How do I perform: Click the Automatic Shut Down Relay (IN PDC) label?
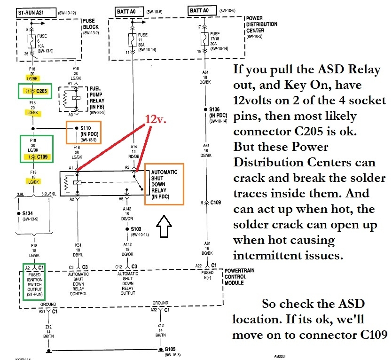164,184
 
